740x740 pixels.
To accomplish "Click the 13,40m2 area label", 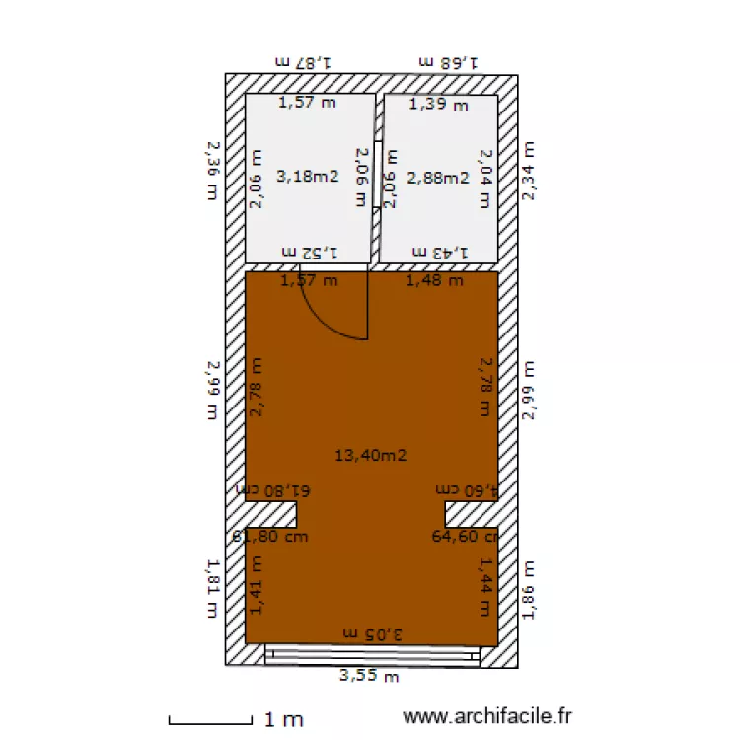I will (371, 455).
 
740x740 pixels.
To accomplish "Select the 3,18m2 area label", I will (308, 178).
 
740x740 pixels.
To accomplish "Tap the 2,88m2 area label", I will (439, 178).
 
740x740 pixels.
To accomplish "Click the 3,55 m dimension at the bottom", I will (369, 676).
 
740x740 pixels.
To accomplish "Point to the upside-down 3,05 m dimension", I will (372, 632).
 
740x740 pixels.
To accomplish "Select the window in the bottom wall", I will (372, 654).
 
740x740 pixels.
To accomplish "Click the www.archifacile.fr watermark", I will (487, 718).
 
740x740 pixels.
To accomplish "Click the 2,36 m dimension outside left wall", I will (210, 170).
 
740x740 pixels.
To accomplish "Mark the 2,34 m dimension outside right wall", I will (530, 170).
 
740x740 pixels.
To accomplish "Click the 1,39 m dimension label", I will (439, 104).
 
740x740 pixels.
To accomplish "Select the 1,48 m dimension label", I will (435, 280).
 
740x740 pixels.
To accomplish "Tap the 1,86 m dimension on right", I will (530, 590).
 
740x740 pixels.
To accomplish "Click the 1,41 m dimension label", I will (257, 584).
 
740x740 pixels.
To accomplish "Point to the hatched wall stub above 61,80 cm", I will (270, 513).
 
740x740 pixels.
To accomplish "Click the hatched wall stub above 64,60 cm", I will (471, 513).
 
